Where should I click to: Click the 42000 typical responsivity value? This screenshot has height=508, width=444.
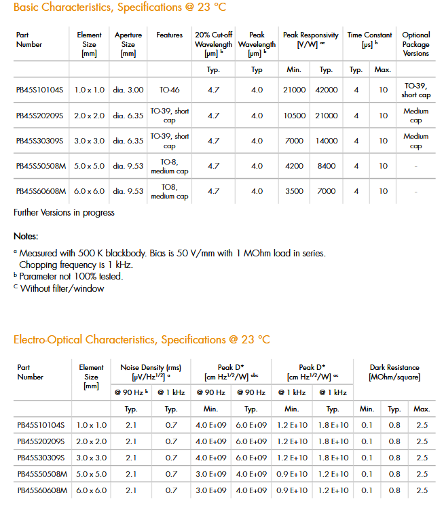[x=326, y=90]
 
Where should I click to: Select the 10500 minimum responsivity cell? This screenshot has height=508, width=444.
[x=295, y=116]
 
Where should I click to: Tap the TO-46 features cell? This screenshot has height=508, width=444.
[x=169, y=90]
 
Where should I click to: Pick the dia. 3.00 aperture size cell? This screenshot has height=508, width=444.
[x=128, y=90]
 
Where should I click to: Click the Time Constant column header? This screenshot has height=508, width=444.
[x=369, y=39]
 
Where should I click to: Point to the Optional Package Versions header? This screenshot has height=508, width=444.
[x=415, y=44]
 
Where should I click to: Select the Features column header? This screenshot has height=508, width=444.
[x=169, y=35]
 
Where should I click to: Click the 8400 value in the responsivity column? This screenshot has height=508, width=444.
[x=326, y=166]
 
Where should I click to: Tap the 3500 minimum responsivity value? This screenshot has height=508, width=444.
[x=295, y=191]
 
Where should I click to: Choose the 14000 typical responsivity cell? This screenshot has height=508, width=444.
[x=326, y=141]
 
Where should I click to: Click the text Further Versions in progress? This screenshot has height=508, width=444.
[x=64, y=213]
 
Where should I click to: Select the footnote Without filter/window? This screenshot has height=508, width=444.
[x=62, y=288]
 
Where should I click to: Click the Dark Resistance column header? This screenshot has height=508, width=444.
[x=394, y=371]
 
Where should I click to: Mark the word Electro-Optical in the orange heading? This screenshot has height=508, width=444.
[x=48, y=339]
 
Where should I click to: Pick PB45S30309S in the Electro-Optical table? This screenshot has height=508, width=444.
[x=41, y=458]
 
